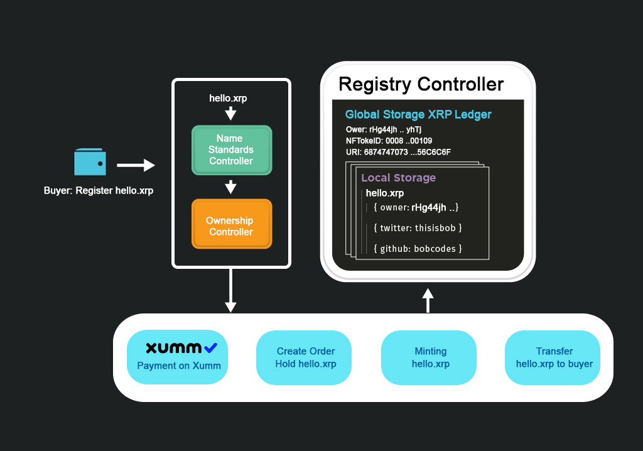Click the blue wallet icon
coord(90,162)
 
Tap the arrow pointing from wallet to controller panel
coord(136,165)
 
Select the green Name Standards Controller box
coord(231,149)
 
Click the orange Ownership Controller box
coord(231,225)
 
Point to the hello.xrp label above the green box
coord(232,99)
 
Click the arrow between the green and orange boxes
coord(231,187)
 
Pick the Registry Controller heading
coord(421,84)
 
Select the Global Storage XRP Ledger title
coord(418,115)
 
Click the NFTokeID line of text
coord(389,141)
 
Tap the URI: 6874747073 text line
coord(398,152)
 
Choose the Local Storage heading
coord(398,178)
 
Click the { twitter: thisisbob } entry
coord(418,228)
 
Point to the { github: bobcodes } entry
coord(418,249)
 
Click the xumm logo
coord(181,347)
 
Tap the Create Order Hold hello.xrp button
coord(306,357)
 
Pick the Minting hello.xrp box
coord(431,357)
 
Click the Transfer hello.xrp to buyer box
coord(554,357)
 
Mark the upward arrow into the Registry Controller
coord(428,300)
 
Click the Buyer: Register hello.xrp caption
coord(99,190)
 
